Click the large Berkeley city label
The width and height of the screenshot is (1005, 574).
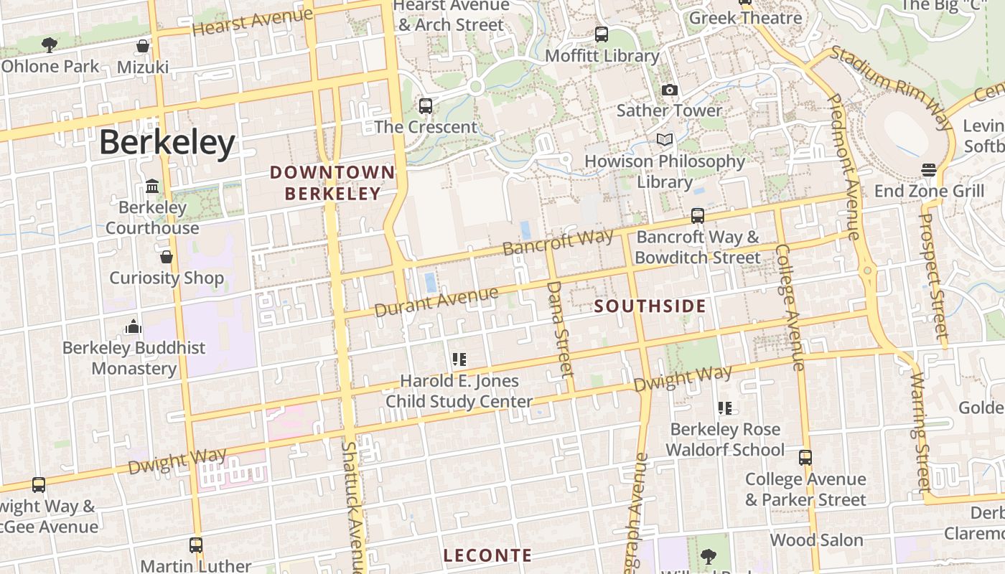pyautogui.click(x=167, y=142)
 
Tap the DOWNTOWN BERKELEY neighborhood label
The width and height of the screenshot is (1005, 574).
pyautogui.click(x=332, y=183)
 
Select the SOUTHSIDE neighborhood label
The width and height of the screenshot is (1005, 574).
pyautogui.click(x=650, y=306)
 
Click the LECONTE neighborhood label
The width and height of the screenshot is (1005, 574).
pyautogui.click(x=487, y=555)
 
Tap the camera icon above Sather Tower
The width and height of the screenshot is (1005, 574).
pyautogui.click(x=669, y=90)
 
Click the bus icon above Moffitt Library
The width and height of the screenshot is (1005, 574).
pyautogui.click(x=602, y=34)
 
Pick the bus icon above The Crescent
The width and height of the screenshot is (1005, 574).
pyautogui.click(x=426, y=106)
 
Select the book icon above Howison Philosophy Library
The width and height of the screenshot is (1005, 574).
pyautogui.click(x=664, y=140)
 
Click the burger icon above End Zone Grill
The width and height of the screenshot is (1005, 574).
pyautogui.click(x=929, y=170)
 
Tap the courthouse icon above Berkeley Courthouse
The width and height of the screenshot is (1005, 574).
pyautogui.click(x=152, y=187)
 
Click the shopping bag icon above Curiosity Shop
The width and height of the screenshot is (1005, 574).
pyautogui.click(x=167, y=257)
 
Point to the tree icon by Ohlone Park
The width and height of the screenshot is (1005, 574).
pyautogui.click(x=50, y=45)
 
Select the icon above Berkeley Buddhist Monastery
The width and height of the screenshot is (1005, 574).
pyautogui.click(x=133, y=326)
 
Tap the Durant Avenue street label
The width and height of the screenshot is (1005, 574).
pyautogui.click(x=436, y=301)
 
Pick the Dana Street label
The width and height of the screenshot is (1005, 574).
pyautogui.click(x=561, y=328)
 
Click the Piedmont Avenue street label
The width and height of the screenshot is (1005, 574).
pyautogui.click(x=844, y=166)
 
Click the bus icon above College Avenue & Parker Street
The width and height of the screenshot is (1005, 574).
pyautogui.click(x=805, y=458)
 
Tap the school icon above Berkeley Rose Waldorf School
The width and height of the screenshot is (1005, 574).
pyautogui.click(x=724, y=408)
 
